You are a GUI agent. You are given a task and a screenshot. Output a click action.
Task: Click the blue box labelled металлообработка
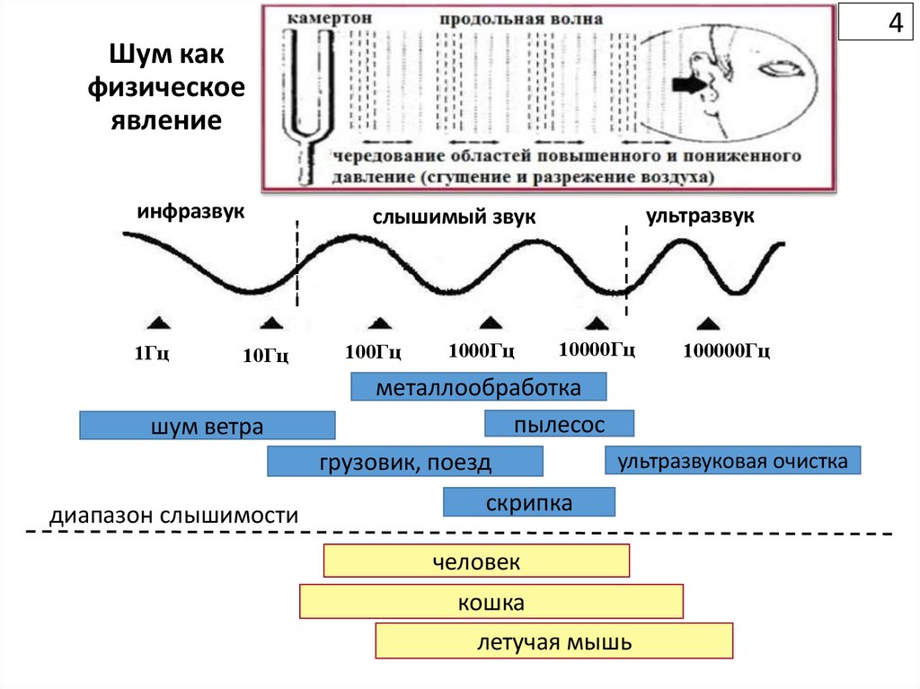[478, 388]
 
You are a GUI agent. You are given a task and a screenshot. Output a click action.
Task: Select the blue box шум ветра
[207, 426]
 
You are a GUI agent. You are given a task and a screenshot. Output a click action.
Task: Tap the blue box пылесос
[559, 424]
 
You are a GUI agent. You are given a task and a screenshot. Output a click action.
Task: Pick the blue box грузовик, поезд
[405, 462]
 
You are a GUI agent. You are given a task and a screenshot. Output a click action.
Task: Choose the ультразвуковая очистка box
[733, 461]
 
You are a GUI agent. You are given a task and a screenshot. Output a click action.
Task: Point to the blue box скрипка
[529, 502]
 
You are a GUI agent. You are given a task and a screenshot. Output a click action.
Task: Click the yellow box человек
[476, 561]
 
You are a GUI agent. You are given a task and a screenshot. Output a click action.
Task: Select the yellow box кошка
[491, 602]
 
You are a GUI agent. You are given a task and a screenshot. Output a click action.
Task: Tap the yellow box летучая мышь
[554, 641]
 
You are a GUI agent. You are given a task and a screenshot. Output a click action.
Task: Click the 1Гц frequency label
[152, 352]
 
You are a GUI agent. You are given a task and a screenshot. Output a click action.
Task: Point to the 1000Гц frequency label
[482, 350]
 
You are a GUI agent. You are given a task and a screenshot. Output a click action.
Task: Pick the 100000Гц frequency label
[726, 350]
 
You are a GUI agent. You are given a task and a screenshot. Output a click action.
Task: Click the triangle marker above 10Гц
[271, 323]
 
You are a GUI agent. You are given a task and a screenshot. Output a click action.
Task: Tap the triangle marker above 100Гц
[380, 323]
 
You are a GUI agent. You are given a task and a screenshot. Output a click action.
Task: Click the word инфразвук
[190, 213]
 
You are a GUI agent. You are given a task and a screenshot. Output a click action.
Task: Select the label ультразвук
[700, 216]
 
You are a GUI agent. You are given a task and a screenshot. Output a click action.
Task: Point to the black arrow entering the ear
[690, 85]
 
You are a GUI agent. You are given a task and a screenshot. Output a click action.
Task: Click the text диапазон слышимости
[173, 517]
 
